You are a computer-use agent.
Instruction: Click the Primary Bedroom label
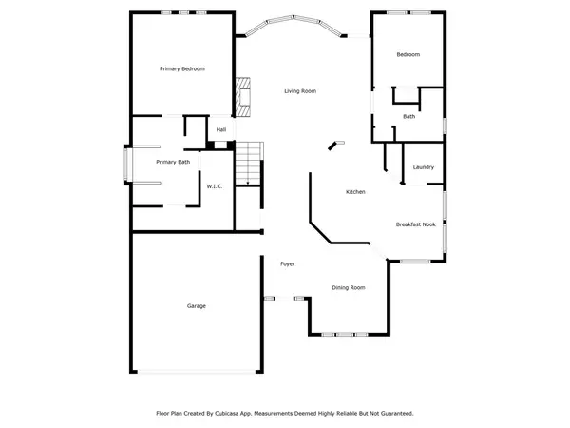(x=182, y=68)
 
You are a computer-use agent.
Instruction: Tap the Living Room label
(x=300, y=91)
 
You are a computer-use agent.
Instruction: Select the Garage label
(x=196, y=305)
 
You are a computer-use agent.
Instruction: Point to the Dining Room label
(x=348, y=287)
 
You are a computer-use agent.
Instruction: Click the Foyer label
(x=286, y=263)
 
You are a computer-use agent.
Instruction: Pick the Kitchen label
(x=355, y=192)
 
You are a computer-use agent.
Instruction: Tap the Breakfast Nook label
(x=416, y=224)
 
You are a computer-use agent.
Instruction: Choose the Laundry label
(x=424, y=167)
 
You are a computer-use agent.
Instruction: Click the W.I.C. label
(x=215, y=185)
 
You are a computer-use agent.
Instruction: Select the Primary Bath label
(x=173, y=162)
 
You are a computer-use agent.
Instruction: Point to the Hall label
(x=220, y=129)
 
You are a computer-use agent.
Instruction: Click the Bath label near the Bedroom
(x=408, y=116)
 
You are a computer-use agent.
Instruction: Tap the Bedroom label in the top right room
(x=408, y=54)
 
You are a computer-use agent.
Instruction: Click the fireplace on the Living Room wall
(x=244, y=97)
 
